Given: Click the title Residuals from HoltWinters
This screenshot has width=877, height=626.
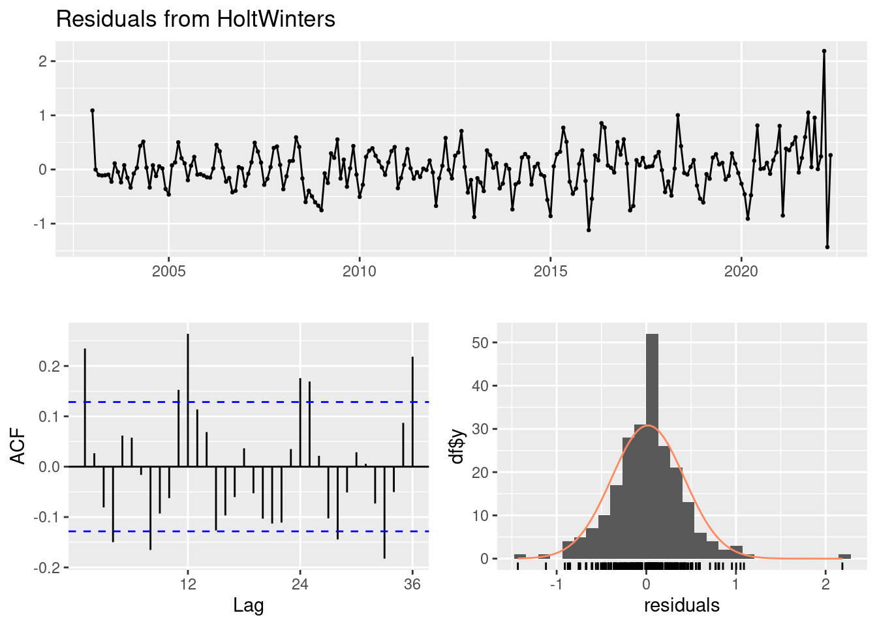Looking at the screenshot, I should [x=196, y=19].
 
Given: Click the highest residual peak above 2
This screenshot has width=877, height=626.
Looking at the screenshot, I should [x=824, y=51].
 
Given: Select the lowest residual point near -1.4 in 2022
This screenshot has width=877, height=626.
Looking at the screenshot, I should [x=827, y=247].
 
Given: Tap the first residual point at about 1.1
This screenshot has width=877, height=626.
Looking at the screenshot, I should [x=93, y=111].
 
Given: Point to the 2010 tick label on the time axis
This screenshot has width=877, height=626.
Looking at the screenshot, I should [x=359, y=271].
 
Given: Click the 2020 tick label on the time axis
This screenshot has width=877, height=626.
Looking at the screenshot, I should [x=741, y=271].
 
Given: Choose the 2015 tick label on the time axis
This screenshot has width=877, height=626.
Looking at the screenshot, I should [x=550, y=271].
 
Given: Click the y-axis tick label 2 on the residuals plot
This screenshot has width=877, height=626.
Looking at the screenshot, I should [x=42, y=61].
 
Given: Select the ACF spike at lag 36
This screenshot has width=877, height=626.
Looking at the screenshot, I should [x=412, y=411].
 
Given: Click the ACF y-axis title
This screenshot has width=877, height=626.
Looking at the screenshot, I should [x=20, y=446].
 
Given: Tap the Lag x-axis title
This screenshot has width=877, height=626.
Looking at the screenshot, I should [x=249, y=606].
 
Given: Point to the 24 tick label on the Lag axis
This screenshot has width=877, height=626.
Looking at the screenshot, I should [x=300, y=584].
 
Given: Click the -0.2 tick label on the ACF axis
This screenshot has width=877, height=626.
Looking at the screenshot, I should [x=47, y=568].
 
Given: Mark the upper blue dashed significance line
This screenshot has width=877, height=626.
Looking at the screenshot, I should [x=261, y=402].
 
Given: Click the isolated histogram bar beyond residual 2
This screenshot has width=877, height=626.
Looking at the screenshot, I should [x=844, y=556].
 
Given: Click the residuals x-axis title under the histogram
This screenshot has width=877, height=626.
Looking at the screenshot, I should [x=682, y=606].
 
